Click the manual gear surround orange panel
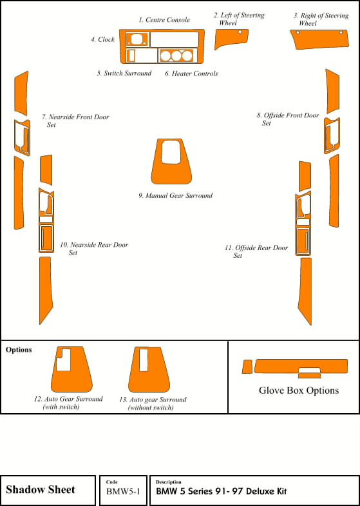click(171, 174)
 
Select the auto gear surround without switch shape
click(149, 381)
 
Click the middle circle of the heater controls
click(176, 56)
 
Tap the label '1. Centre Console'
click(164, 20)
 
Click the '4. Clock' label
click(102, 39)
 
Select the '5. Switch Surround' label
click(124, 73)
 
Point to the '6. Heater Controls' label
click(191, 73)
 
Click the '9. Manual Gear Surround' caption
click(176, 195)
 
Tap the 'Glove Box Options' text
click(299, 390)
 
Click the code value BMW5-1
click(124, 491)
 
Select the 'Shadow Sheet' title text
click(41, 489)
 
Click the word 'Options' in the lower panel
click(19, 350)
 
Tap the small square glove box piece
click(247, 367)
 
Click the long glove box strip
click(301, 366)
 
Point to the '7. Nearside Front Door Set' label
click(75, 121)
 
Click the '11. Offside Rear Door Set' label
click(256, 251)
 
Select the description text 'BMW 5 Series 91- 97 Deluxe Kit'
click(222, 491)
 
